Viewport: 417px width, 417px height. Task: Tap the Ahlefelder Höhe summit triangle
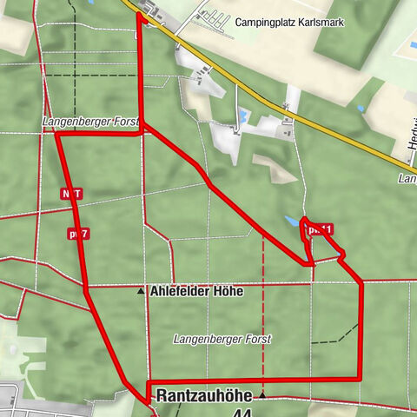coord(141,292)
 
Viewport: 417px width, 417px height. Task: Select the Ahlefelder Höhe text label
coord(196,292)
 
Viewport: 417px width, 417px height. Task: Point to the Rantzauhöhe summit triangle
coord(261,395)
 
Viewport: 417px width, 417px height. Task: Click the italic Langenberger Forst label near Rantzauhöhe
coord(222,339)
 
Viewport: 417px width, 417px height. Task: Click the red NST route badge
coord(71,193)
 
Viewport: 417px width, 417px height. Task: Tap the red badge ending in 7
coord(79,233)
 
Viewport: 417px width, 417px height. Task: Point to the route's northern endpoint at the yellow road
coord(139,14)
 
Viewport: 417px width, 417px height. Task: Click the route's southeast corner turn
coord(360,379)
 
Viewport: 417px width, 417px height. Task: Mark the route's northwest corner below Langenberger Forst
coord(56,134)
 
